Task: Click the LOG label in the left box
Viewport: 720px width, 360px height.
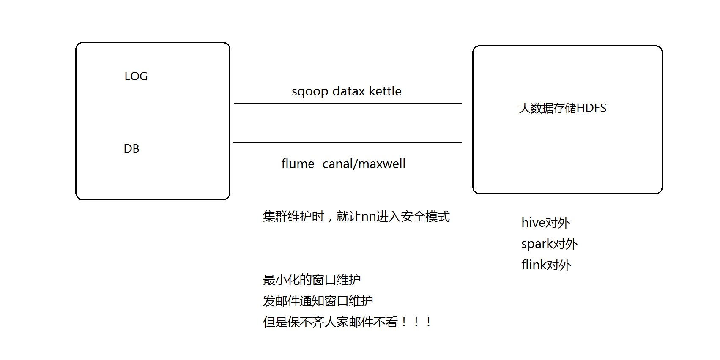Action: point(136,76)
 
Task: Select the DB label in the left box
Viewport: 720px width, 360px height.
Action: point(131,149)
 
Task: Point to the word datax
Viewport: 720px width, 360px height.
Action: point(348,91)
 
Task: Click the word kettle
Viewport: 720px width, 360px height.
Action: point(385,91)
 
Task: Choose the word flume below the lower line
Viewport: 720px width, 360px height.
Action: point(298,164)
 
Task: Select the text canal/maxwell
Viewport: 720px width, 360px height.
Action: point(364,164)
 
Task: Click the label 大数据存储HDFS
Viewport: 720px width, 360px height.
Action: point(562,108)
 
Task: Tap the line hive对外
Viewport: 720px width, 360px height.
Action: point(545,223)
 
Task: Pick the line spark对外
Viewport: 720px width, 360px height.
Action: point(549,244)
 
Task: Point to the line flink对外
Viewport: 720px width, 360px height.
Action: point(546,265)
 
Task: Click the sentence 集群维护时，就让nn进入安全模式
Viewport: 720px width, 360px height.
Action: point(356,217)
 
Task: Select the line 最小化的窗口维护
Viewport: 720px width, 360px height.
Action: point(312,280)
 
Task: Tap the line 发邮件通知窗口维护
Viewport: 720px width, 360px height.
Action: point(318,301)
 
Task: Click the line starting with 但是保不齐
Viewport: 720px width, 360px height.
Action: point(347,322)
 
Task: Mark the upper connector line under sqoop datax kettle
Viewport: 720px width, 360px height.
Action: point(348,103)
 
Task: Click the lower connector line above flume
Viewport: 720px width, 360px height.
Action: point(348,143)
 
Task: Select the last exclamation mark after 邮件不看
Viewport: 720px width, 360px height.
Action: point(429,322)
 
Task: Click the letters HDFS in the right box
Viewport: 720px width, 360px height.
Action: point(591,108)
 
